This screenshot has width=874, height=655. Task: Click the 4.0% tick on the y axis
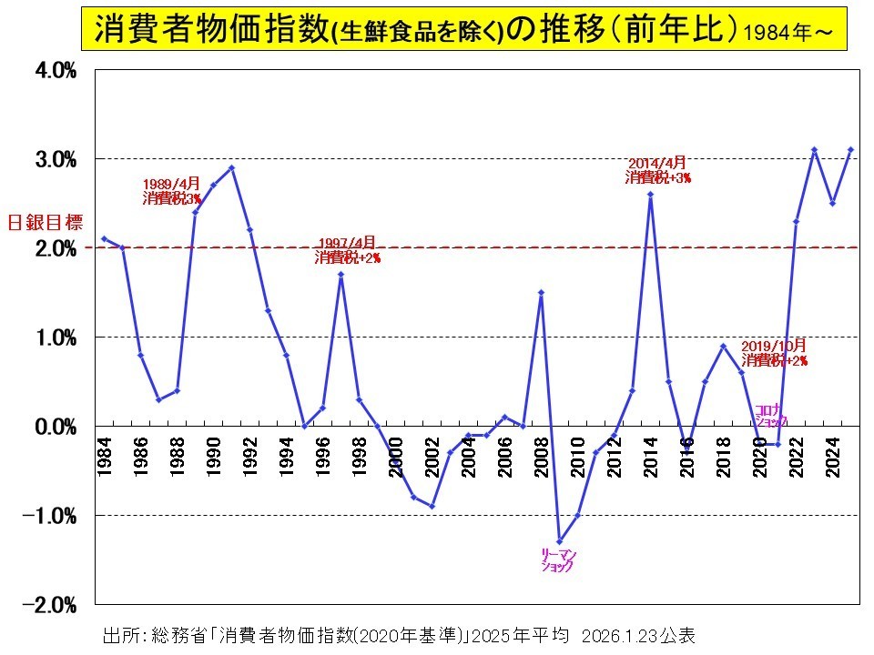coord(55,71)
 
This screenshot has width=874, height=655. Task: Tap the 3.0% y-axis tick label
coord(55,160)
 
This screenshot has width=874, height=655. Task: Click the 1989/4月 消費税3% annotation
coord(172,191)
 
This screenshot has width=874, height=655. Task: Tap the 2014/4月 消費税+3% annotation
coord(657,171)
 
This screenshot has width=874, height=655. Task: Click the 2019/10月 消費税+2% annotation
coord(774,353)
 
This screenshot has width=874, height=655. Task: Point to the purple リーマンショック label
coord(558,560)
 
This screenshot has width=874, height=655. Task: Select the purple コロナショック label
coord(770,416)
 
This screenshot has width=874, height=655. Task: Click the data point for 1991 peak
coord(231,167)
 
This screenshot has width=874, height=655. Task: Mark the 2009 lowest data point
coord(559,542)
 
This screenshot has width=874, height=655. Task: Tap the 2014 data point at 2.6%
coord(650,194)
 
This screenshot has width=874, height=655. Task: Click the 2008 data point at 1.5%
coord(541,292)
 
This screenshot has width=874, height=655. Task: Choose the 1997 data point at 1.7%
coord(340,275)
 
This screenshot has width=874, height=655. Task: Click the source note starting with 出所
coord(401,634)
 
